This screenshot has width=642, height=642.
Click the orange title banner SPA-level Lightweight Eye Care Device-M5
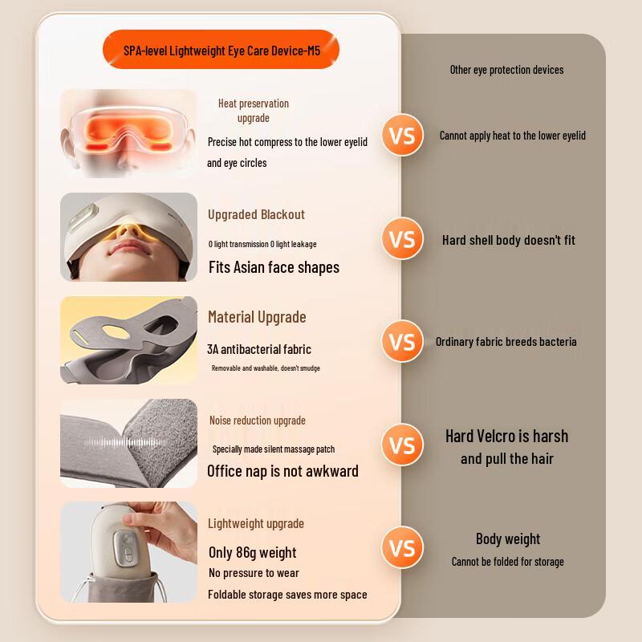[221, 50]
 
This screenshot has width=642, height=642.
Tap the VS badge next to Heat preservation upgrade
[402, 135]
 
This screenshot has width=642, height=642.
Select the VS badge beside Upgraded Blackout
[402, 239]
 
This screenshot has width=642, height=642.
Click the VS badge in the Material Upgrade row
[402, 341]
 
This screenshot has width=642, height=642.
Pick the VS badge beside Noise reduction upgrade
[402, 445]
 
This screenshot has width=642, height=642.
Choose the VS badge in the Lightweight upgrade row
[402, 548]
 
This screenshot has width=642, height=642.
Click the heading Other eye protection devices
[506, 70]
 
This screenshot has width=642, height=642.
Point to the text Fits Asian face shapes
[274, 267]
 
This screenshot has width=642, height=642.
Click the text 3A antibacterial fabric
[259, 349]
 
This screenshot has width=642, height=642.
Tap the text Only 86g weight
[252, 552]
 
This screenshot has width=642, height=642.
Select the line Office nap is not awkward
[282, 471]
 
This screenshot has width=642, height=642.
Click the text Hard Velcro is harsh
[506, 437]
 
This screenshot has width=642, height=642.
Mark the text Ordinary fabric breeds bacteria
[506, 342]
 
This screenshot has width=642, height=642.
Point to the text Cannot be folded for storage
[507, 562]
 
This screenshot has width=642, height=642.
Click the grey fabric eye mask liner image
[128, 339]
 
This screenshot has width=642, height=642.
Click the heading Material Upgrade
[257, 317]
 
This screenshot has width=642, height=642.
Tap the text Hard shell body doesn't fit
[508, 240]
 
